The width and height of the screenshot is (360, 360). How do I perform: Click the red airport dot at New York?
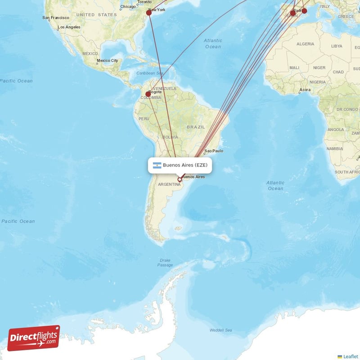tap(149, 13)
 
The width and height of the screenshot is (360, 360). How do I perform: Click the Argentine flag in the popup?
tap(157, 165)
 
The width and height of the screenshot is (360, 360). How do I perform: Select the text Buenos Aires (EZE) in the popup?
tap(185, 165)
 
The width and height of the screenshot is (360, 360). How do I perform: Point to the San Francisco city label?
tap(56, 18)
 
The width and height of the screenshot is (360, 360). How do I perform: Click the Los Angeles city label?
tap(69, 27)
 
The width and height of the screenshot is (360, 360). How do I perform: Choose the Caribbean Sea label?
tap(149, 73)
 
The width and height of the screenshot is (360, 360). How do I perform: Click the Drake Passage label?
tap(165, 263)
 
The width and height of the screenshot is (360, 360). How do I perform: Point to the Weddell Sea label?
tap(221, 330)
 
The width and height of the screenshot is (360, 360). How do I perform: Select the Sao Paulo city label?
tap(214, 151)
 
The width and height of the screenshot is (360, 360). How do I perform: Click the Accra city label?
tap(305, 90)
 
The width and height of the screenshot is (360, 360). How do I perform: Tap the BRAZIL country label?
tap(196, 127)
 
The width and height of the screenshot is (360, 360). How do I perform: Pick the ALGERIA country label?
tap(306, 44)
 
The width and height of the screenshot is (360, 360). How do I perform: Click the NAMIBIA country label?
tap(335, 148)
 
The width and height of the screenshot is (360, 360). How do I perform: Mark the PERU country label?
tap(144, 118)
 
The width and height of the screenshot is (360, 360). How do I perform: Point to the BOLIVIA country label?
tap(171, 137)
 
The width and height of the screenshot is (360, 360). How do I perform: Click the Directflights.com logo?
tap(34, 337)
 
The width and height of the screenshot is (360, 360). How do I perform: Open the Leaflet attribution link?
tap(351, 356)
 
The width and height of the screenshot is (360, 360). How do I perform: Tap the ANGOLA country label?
tap(336, 130)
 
